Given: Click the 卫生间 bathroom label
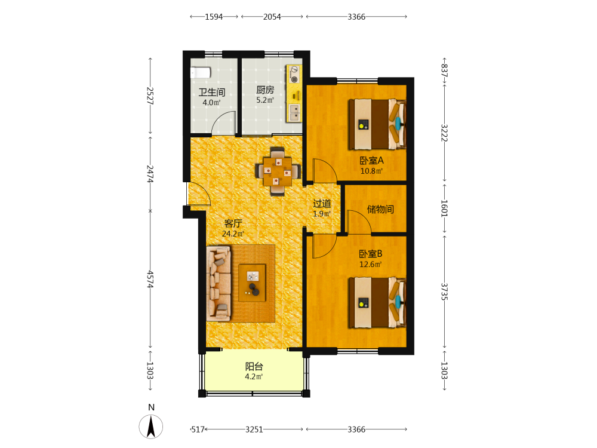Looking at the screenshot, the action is click(x=212, y=92).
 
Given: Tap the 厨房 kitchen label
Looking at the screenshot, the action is click(x=265, y=90).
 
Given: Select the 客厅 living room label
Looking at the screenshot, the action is click(x=233, y=223).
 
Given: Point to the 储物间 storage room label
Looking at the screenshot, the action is click(x=380, y=208).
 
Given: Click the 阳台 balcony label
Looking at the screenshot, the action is click(x=254, y=367).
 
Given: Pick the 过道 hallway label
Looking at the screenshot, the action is click(x=322, y=204).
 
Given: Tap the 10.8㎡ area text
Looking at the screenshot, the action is click(x=371, y=171).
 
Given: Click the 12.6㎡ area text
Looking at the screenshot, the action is click(x=371, y=265).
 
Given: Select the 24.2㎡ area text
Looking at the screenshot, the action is click(x=233, y=234).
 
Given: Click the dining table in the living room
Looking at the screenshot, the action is click(x=278, y=171).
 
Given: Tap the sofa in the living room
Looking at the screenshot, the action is click(x=219, y=283).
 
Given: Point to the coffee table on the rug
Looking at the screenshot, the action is click(x=252, y=283).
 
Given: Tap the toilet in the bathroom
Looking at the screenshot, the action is click(x=200, y=72).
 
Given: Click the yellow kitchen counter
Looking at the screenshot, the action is click(x=294, y=93).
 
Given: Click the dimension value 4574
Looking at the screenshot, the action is click(x=150, y=279).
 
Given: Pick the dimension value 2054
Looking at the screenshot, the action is click(x=272, y=17).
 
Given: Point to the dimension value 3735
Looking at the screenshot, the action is click(x=444, y=291).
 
